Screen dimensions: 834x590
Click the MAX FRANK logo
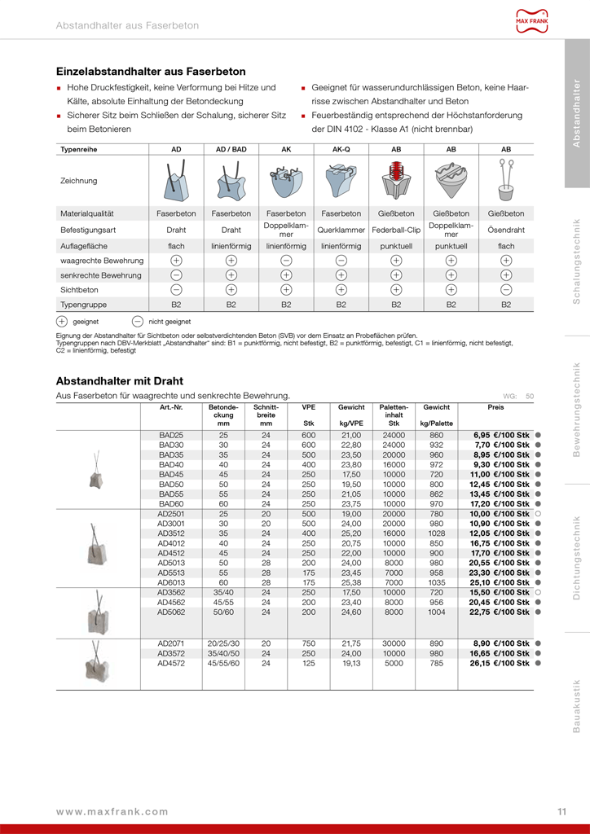(x=533, y=21)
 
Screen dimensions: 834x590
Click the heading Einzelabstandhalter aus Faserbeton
(x=139, y=71)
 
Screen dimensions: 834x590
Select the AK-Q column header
(x=341, y=150)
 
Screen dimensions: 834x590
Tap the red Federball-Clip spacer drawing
(x=396, y=180)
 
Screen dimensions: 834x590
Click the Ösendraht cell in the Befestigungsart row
(x=505, y=230)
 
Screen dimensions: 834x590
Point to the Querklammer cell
(x=341, y=230)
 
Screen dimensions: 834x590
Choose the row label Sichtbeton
(x=78, y=289)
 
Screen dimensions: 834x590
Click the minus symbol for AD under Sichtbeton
(x=176, y=289)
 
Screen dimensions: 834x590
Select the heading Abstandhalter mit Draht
(x=119, y=380)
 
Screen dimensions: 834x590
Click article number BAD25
(x=171, y=436)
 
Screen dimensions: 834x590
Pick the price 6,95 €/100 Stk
(x=501, y=436)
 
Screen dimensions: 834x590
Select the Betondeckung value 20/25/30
(x=223, y=643)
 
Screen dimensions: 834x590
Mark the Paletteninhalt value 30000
(x=394, y=643)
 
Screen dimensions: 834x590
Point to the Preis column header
(x=495, y=406)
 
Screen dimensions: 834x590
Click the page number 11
(x=562, y=811)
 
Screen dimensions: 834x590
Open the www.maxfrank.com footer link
(x=112, y=811)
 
